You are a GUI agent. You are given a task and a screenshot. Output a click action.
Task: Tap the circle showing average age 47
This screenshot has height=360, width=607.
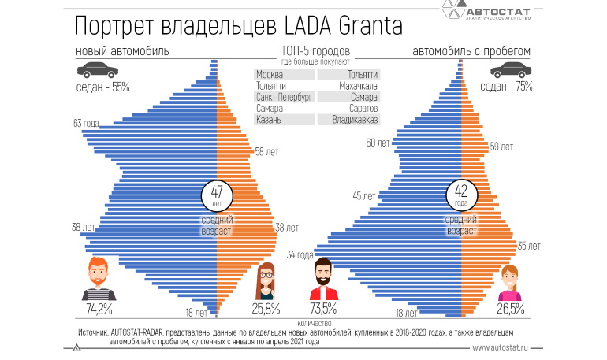(x=217, y=194)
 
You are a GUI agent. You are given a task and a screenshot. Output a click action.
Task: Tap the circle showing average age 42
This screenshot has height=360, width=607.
(x=461, y=194)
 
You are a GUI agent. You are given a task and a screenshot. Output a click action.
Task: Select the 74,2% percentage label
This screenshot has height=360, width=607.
(x=99, y=308)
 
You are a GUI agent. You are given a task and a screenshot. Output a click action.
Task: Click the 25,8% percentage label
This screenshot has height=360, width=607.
(x=266, y=308)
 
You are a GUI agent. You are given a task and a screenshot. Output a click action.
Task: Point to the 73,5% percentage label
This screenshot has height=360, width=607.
(x=323, y=308)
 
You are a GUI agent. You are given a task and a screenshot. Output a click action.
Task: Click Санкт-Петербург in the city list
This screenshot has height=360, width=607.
(x=285, y=96)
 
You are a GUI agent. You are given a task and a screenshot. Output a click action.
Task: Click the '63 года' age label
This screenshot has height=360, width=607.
(x=86, y=123)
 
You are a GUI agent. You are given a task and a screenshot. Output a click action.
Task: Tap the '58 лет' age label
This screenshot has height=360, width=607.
(x=265, y=151)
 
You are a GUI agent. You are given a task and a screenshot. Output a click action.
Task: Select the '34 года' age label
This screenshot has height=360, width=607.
(x=300, y=254)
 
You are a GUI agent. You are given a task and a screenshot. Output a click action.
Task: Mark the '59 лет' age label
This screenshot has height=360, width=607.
(x=501, y=147)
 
